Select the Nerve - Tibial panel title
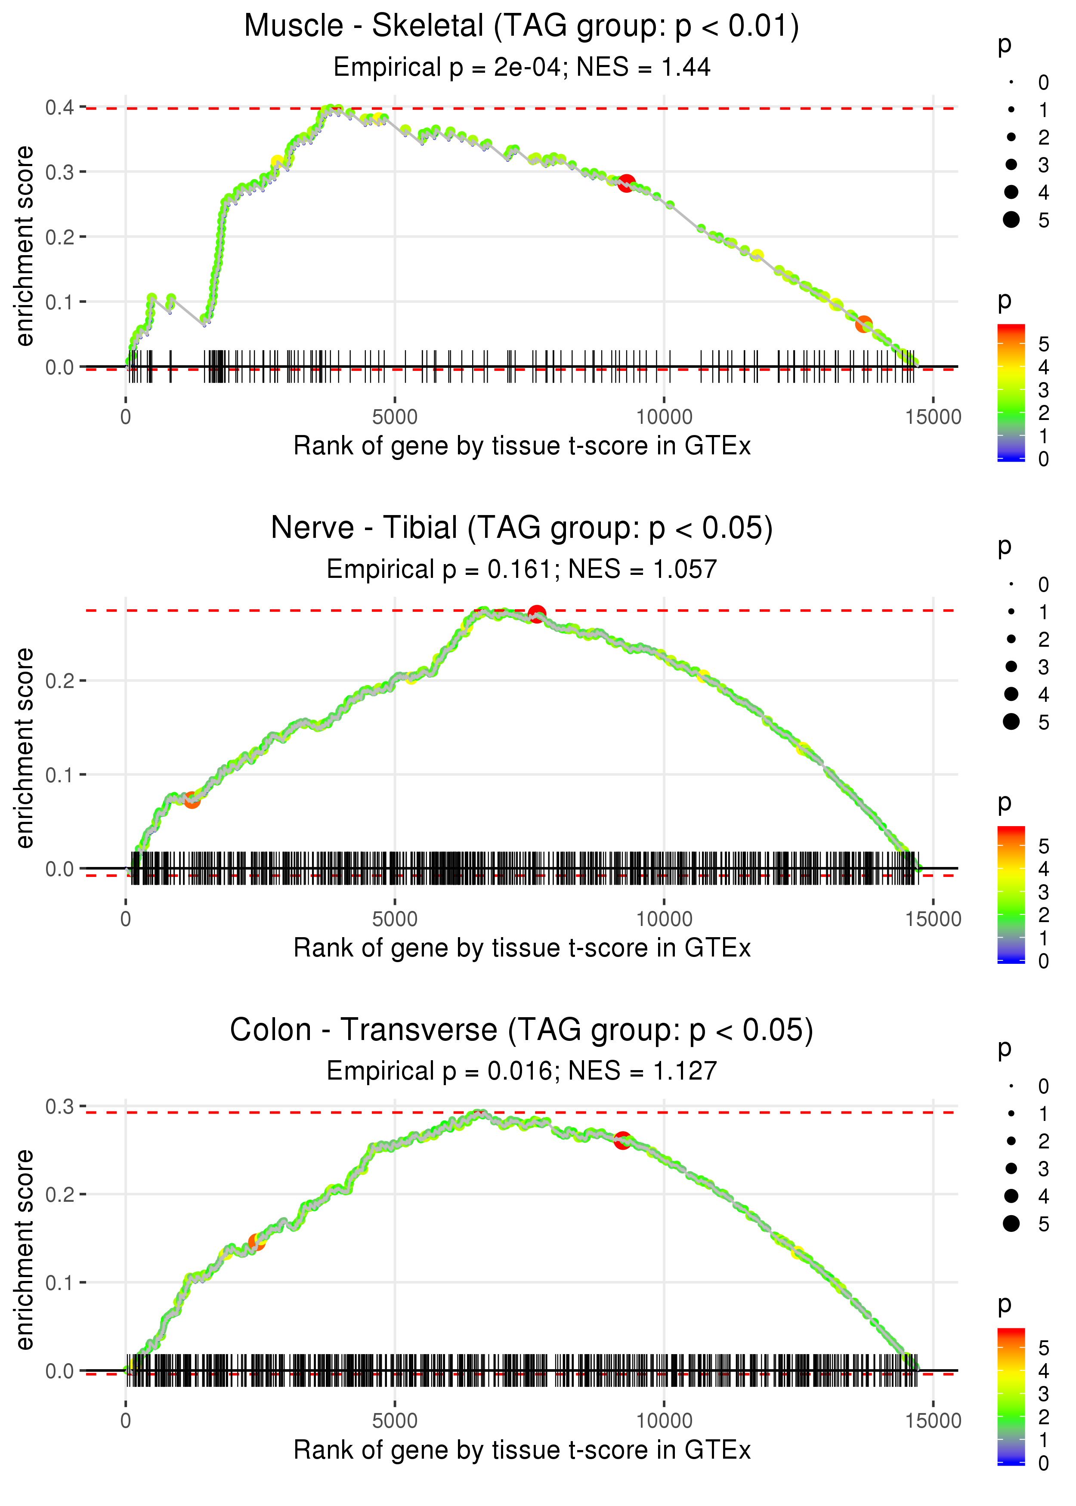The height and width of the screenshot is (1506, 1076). [522, 528]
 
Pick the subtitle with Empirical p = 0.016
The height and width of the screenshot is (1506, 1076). [522, 1071]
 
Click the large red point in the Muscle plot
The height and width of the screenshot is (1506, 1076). [626, 183]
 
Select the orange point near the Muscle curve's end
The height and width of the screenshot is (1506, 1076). [863, 324]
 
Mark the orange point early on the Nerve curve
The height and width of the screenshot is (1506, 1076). [192, 800]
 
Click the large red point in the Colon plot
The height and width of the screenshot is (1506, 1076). [622, 1140]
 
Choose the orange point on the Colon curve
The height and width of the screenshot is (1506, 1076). [257, 1242]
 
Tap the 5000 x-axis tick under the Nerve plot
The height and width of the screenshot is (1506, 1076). [395, 919]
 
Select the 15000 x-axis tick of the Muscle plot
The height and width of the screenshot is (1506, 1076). [933, 417]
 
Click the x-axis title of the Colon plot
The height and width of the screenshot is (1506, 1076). [522, 1450]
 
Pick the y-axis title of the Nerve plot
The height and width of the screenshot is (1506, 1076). [25, 748]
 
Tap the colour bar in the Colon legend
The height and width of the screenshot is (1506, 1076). [1011, 1397]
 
